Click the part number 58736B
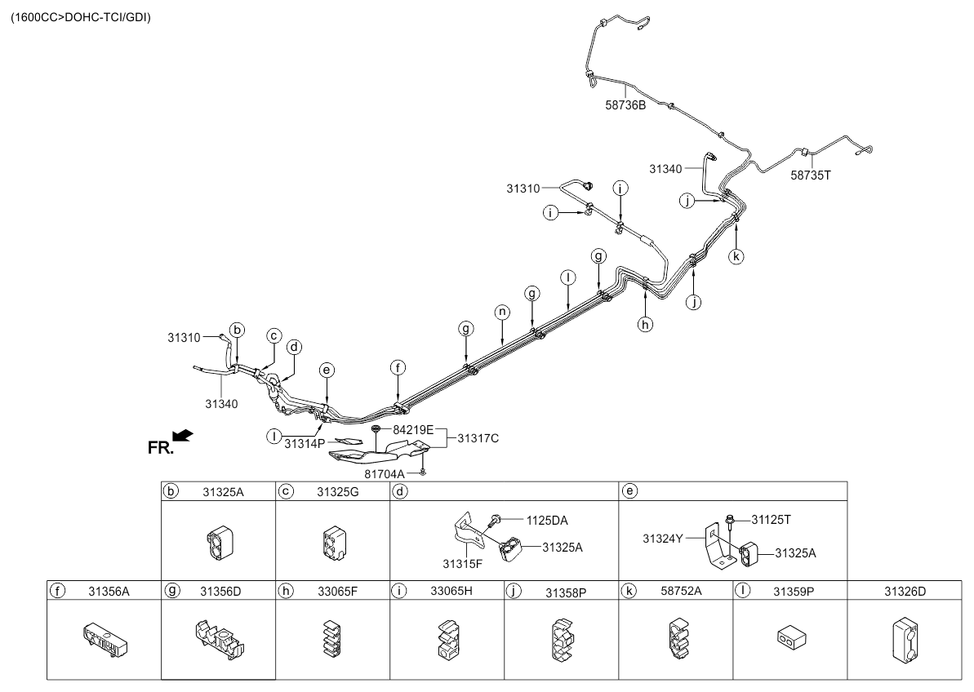tap(625, 105)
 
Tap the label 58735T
tap(810, 175)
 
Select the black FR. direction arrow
tap(183, 437)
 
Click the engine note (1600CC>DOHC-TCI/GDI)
tap(80, 17)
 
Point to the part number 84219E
tap(412, 430)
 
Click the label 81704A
tap(384, 474)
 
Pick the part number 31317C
tap(478, 439)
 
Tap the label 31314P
tap(305, 444)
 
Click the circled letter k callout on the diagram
tap(736, 255)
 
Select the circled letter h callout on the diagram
tap(646, 323)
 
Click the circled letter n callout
tap(502, 313)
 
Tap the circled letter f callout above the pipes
tap(398, 368)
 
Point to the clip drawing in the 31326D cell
tap(905, 641)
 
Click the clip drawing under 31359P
tap(791, 639)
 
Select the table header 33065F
tap(337, 592)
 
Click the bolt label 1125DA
tap(547, 521)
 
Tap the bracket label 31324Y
tap(662, 539)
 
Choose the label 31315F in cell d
tap(462, 564)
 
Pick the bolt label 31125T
tap(771, 520)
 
